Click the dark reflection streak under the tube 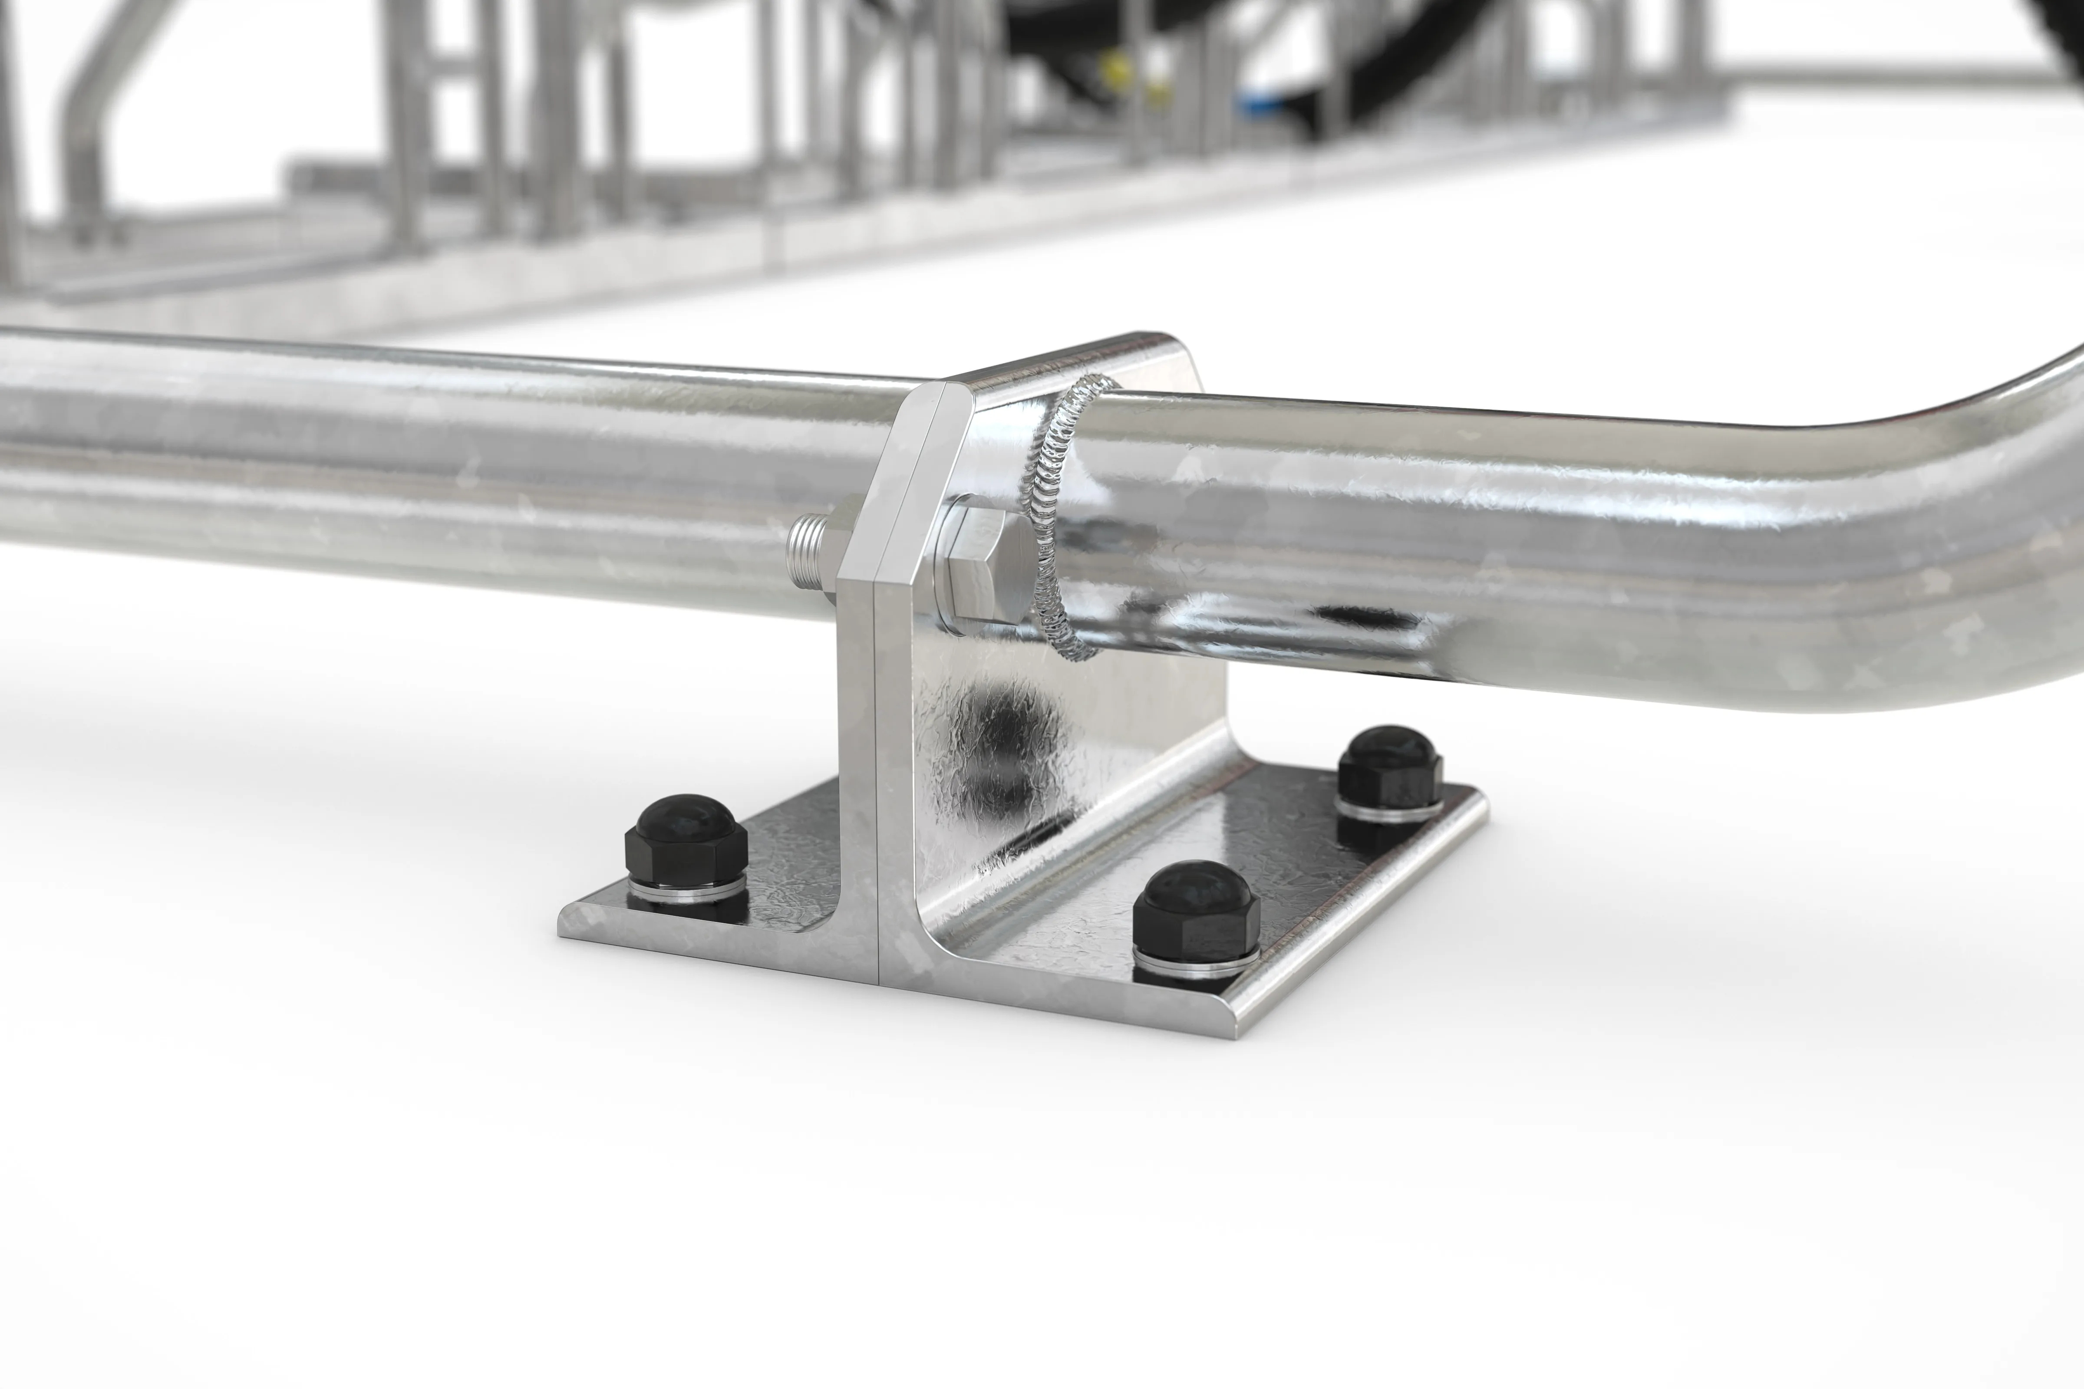tap(1355, 616)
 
